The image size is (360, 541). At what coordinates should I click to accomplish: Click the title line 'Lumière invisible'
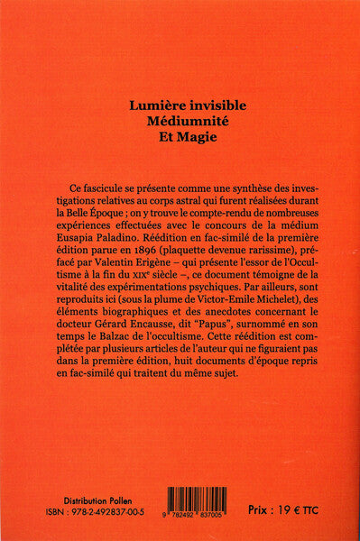pos(180,105)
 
